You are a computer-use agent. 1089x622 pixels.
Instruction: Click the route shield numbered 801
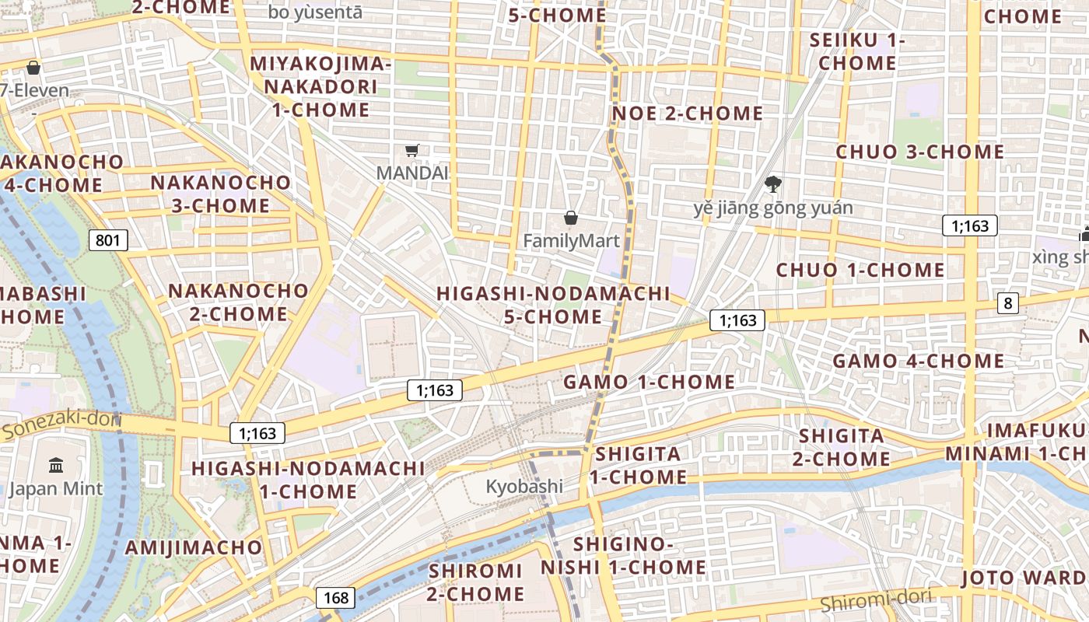(107, 240)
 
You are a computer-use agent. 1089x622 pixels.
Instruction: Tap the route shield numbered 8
(1008, 303)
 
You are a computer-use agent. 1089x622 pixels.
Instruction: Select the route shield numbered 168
(336, 598)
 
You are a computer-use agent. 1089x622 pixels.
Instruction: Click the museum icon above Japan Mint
(56, 465)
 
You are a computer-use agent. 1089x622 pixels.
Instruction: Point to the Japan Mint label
(55, 488)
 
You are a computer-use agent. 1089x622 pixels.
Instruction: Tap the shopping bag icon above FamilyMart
(571, 218)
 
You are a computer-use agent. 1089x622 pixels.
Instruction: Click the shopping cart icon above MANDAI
(412, 150)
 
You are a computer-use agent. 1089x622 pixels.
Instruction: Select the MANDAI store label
(412, 173)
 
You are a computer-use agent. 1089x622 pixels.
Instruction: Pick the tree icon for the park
(772, 184)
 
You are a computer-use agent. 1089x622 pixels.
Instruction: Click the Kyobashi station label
(524, 487)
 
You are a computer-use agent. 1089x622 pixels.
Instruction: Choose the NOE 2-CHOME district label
(688, 114)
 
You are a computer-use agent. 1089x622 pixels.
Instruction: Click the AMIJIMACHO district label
(194, 547)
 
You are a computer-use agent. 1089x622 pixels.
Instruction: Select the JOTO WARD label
(1024, 578)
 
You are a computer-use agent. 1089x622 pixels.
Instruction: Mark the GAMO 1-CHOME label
(649, 382)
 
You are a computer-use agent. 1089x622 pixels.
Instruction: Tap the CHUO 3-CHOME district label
(920, 152)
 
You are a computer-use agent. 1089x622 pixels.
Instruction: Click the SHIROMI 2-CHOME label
(476, 582)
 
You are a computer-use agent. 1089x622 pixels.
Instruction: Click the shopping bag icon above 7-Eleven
(33, 68)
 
